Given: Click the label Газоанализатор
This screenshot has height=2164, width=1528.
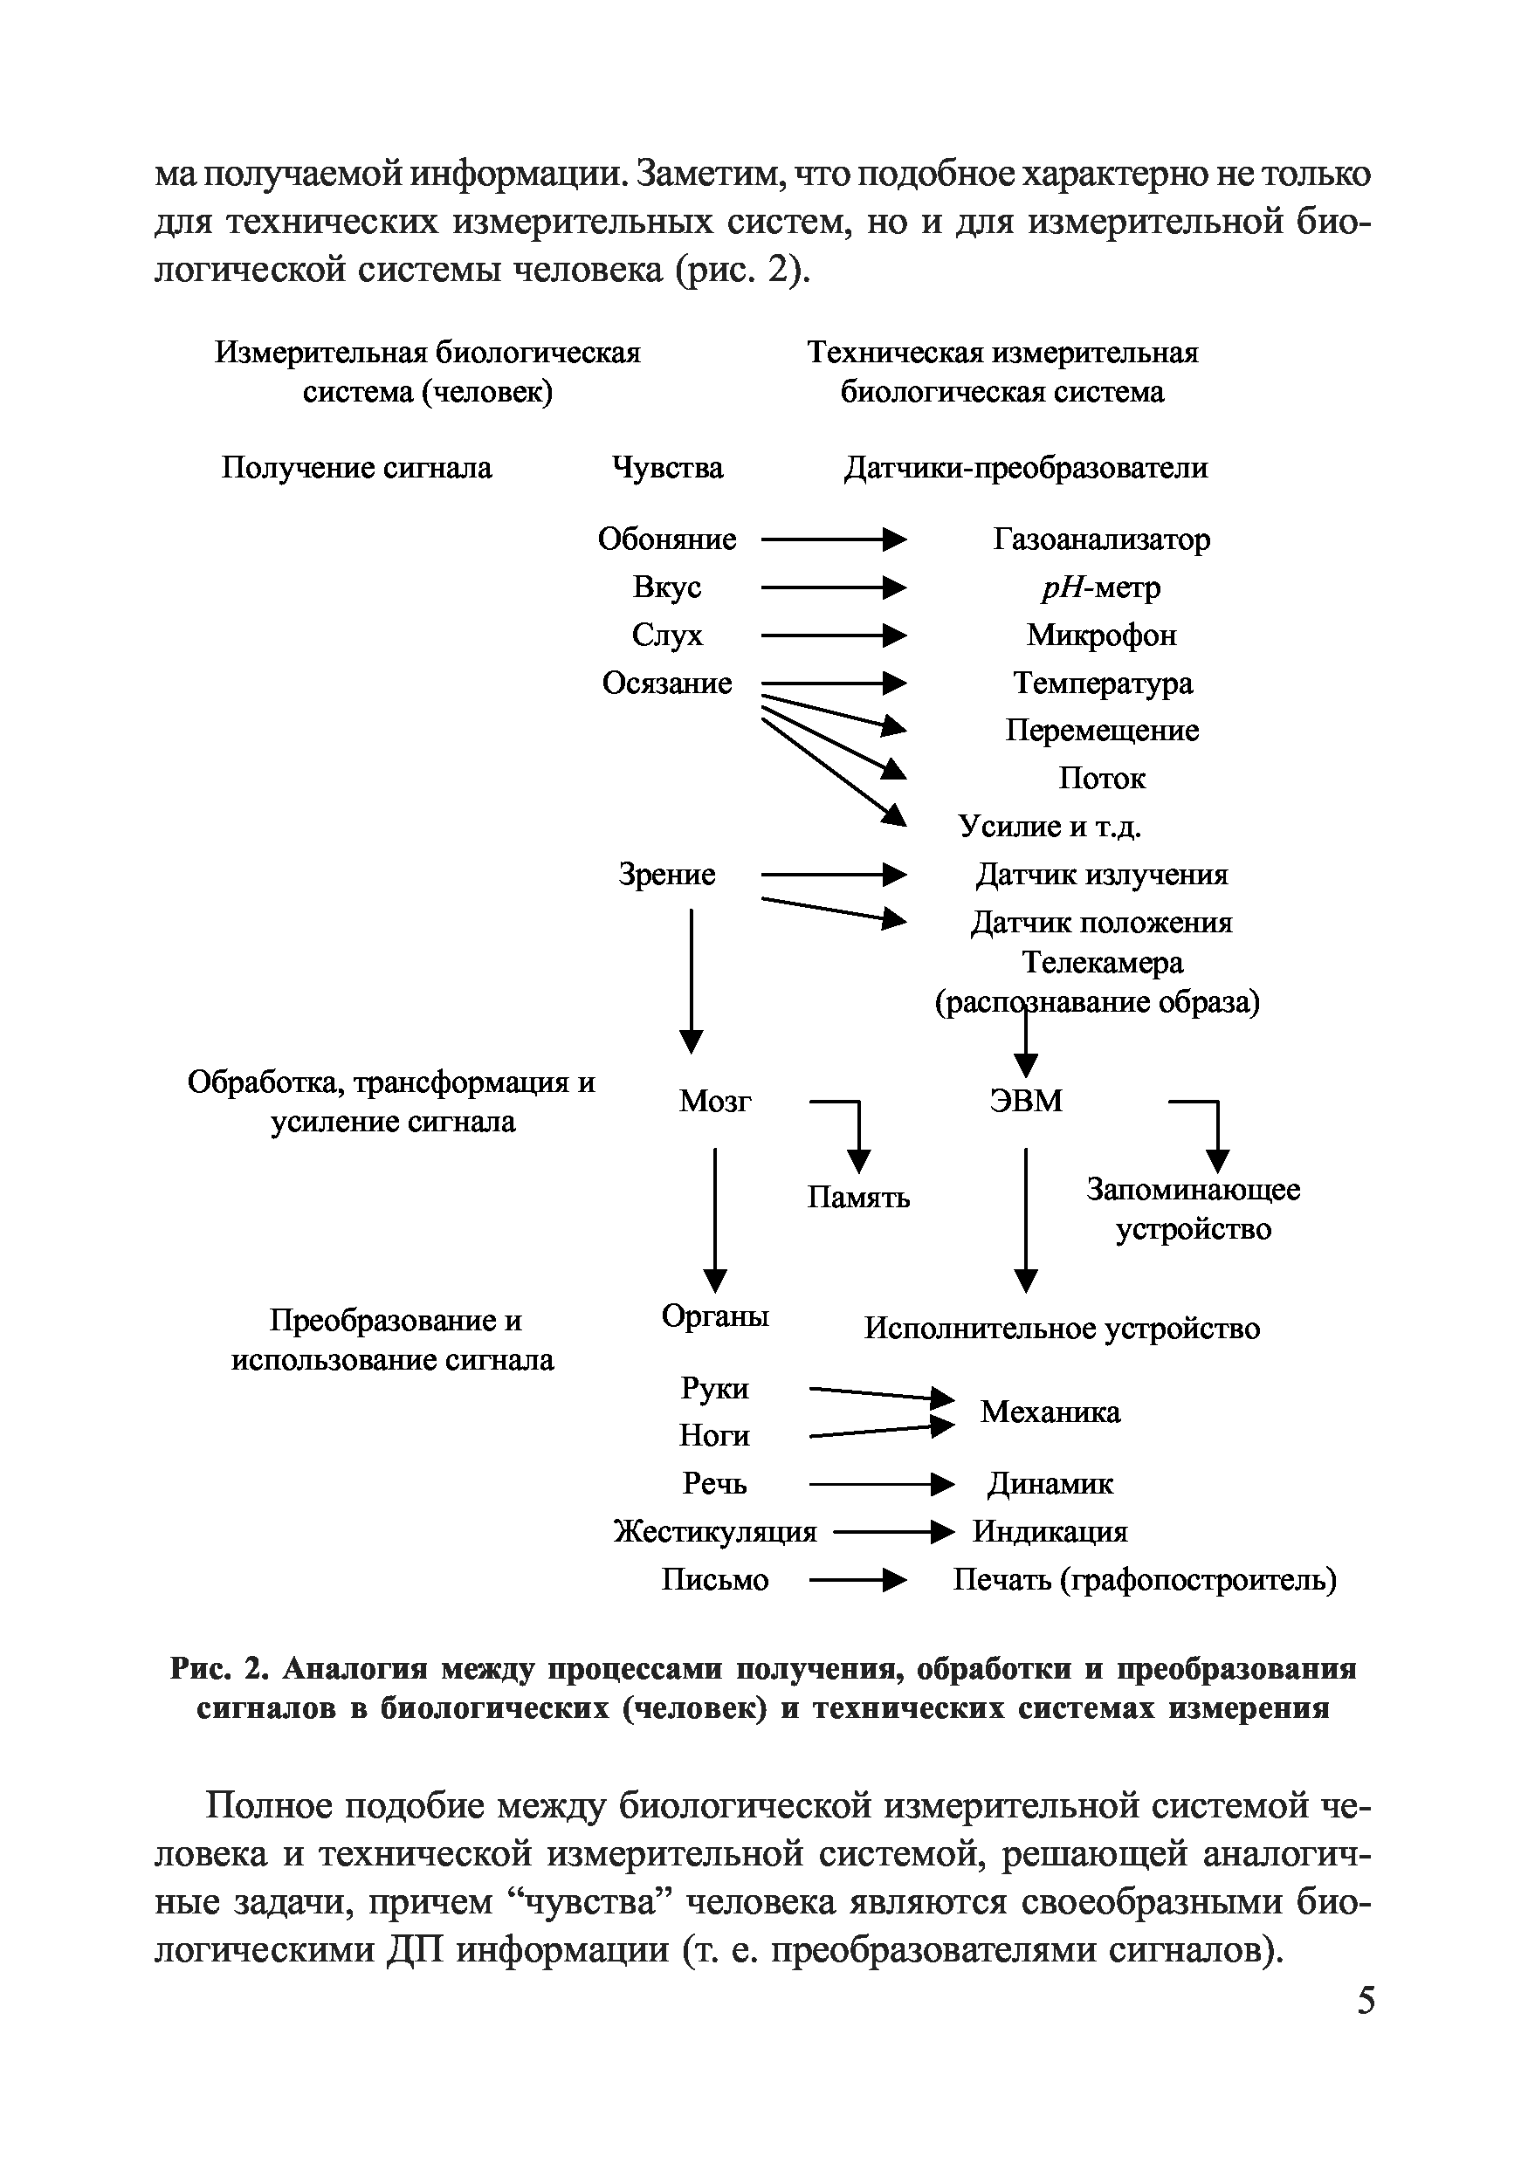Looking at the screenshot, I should [x=1101, y=539].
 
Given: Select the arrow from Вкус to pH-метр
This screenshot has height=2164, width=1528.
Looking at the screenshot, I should [x=832, y=588].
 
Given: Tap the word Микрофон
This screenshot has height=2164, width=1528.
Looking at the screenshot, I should [x=1101, y=635].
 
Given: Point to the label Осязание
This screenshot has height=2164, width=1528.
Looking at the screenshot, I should [x=666, y=684].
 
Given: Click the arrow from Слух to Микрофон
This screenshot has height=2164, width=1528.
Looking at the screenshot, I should [x=832, y=635].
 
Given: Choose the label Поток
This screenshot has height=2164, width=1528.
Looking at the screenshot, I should [x=1101, y=779].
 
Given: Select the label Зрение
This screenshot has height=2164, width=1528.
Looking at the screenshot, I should [x=666, y=875].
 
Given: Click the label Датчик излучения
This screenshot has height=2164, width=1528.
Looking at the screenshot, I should [x=1101, y=875].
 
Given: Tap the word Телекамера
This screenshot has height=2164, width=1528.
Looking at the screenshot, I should [x=1101, y=962].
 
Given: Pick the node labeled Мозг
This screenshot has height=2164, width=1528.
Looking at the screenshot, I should [x=714, y=1101].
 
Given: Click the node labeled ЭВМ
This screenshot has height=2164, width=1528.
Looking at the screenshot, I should [x=1026, y=1101].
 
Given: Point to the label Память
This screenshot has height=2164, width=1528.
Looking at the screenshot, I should [x=857, y=1197].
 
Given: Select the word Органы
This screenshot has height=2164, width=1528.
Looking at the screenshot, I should [x=714, y=1316].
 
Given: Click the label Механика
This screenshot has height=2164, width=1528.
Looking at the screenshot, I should [x=1050, y=1412].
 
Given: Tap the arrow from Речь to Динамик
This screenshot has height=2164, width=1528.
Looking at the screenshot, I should [x=880, y=1485].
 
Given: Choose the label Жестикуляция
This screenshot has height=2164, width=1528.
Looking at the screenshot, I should [x=714, y=1532].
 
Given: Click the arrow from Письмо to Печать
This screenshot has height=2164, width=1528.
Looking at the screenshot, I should [x=857, y=1580].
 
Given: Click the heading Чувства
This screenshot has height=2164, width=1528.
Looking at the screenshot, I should [x=667, y=468].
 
